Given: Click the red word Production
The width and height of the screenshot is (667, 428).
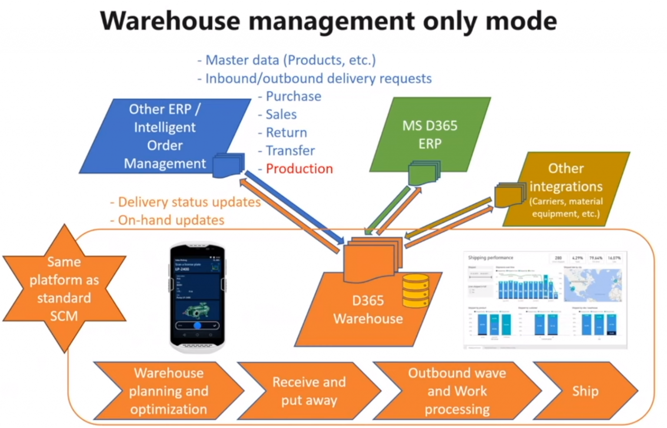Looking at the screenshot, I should coord(299,169).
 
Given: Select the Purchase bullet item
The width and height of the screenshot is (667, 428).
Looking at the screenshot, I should coord(293,96).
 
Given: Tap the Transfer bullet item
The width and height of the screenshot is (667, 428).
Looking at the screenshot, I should coord(290,151).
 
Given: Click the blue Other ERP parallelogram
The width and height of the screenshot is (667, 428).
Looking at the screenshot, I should coord(165,136).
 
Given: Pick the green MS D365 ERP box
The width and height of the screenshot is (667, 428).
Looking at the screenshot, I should coord(429,134).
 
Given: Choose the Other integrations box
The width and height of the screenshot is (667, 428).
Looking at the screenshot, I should coord(566,189).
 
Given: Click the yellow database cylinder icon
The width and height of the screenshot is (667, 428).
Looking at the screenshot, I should coord(416,291).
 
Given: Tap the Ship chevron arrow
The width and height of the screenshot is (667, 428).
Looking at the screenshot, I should coord(585,391).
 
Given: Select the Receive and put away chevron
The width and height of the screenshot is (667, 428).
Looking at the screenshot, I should coord(309,391).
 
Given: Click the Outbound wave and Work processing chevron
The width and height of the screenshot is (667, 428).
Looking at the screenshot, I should coord(457,391).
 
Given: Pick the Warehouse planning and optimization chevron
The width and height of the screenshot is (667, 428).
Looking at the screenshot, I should coord(168,391).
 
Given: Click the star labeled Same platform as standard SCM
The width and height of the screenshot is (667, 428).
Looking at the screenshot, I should coord(64,289).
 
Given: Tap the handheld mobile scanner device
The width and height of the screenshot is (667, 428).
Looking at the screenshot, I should coord(197,297).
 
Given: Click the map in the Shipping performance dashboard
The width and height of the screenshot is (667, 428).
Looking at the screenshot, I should coord(593,285).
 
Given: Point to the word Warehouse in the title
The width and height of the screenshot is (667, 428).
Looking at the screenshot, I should coord(170,21).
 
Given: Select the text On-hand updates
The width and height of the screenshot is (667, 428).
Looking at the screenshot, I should coord(171,220).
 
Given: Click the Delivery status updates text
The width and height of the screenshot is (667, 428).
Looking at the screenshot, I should coord(189,202).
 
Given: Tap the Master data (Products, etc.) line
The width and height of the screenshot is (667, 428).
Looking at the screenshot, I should coord(290,60).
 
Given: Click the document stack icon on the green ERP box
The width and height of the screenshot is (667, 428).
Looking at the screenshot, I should coord(424,173).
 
